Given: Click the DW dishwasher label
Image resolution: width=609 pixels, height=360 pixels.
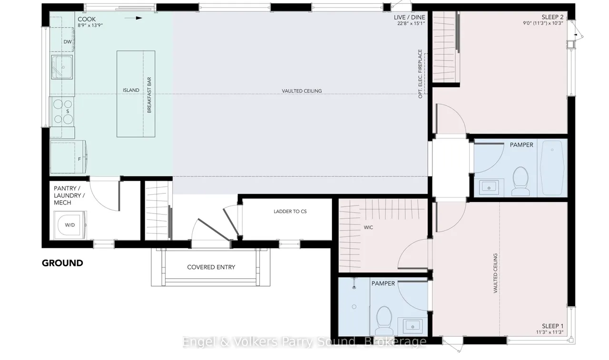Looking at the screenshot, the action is point(68,42).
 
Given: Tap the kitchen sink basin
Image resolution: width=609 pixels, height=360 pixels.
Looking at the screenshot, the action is point(62,67).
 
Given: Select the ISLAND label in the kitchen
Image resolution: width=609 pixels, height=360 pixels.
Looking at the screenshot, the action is point(131,90).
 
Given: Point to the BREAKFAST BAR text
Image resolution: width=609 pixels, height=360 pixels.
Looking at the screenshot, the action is point(149,95).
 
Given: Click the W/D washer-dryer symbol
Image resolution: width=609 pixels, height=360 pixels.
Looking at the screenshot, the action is point(70,225).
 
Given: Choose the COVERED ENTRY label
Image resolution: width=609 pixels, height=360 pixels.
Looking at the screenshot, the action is point(211,267).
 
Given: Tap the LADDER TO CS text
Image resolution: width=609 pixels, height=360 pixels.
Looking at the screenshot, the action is point(290,211).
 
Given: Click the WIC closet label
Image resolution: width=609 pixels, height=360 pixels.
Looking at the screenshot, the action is point(368,227).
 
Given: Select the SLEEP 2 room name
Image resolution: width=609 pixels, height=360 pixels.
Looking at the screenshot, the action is point(552,17).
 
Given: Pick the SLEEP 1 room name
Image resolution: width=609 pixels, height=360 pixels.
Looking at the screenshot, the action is point(552,326).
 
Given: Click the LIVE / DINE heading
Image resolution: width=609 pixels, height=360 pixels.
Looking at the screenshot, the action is point(409,18).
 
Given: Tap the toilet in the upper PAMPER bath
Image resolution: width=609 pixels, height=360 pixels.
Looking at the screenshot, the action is point(521,181).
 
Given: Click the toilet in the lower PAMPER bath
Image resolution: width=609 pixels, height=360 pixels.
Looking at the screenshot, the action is point(383,321).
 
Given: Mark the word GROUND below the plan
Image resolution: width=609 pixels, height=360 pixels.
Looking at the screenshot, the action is point(62,263).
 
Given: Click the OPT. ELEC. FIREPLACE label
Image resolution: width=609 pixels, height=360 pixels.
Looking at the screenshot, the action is point(420,74).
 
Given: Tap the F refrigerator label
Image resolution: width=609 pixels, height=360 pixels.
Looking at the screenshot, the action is point(79,159).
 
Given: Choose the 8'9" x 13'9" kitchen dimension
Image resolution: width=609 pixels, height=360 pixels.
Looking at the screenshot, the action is point(90,26).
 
